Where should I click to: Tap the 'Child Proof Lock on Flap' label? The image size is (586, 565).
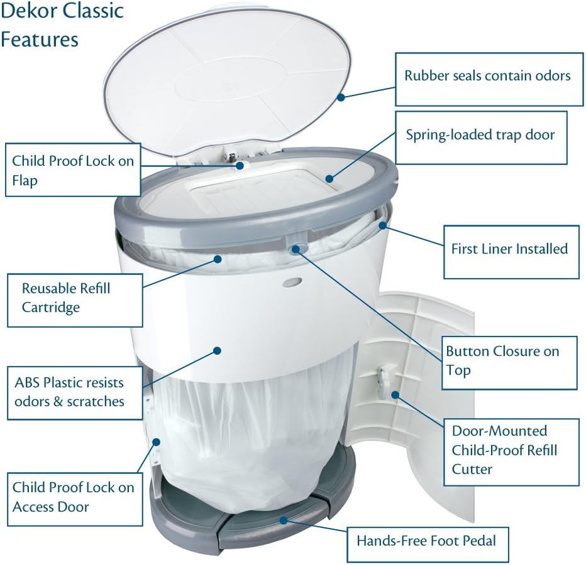tap(72, 170)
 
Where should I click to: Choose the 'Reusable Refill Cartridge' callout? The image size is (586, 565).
tap(75, 298)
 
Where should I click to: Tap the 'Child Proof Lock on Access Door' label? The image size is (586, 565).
tap(74, 497)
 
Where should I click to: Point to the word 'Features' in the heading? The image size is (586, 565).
tap(39, 39)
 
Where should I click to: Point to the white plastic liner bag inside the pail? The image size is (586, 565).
tap(252, 427)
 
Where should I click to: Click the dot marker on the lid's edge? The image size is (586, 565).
tap(340, 97)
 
